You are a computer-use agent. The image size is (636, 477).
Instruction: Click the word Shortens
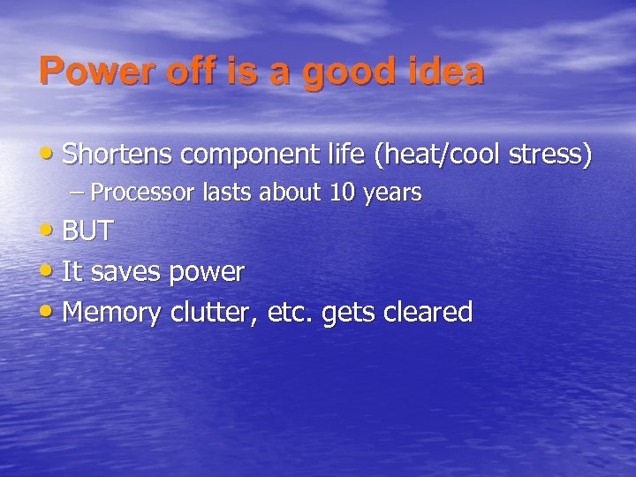click(117, 155)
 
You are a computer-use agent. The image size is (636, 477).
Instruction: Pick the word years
click(390, 193)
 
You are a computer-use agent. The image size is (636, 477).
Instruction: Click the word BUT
click(87, 231)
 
